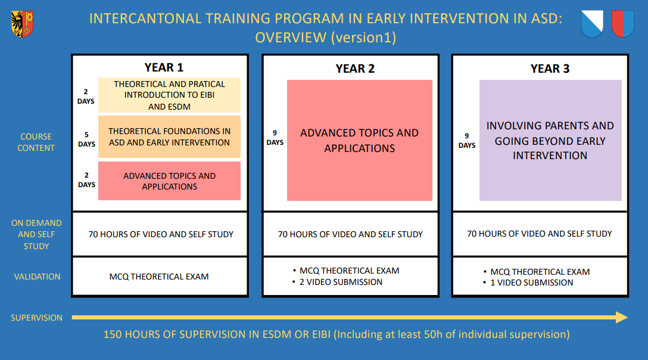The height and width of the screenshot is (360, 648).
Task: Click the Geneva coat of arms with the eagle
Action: pos(22,24)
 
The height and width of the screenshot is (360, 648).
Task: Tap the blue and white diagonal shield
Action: pos(592,24)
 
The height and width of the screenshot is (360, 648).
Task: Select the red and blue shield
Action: pos(623,24)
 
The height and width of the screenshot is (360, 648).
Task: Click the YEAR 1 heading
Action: pos(164,67)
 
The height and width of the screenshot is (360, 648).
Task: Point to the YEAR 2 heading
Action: pos(355,69)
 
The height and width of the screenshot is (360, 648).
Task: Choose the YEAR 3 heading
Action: pos(550,69)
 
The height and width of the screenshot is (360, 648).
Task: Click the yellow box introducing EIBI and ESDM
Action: pos(169,95)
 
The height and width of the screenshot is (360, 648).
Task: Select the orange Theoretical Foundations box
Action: pos(169,136)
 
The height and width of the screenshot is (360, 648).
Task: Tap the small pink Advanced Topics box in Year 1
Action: pos(169,181)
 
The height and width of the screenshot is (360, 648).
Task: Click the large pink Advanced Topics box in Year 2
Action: pos(360,140)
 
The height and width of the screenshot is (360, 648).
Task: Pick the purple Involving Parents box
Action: pos(550,140)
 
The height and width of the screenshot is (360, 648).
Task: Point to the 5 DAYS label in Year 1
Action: pos(86,139)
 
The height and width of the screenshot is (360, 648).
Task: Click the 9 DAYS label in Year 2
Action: pos(275,137)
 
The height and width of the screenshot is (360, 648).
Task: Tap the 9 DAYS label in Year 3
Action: pos(466,141)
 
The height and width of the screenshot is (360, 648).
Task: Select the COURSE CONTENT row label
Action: pos(36,142)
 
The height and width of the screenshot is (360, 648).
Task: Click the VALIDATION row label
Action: pos(37,277)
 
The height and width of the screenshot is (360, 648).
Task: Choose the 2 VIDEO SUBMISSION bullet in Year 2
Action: pos(337,282)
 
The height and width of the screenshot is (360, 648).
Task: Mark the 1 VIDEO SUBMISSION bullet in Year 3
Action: pos(528,283)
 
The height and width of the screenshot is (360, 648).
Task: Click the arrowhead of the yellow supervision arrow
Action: pos(622,317)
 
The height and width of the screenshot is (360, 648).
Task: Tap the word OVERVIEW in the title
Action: pos(291,38)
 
